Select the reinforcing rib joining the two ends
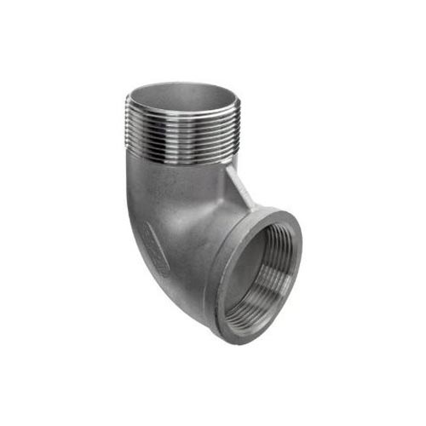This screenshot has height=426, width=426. tap(240, 183)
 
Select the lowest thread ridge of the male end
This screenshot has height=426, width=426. tap(181, 158)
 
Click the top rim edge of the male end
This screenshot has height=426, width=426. tap(181, 83)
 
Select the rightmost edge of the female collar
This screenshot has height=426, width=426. tap(302, 256)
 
